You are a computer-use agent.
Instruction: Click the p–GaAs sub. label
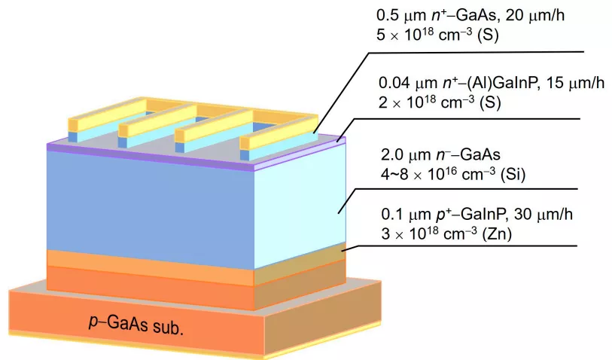(135, 325)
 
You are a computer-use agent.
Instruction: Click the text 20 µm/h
(534, 16)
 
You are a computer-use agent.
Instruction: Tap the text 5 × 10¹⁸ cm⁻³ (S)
(437, 35)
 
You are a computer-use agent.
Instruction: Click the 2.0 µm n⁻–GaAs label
(440, 154)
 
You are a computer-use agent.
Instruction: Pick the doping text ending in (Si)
(453, 174)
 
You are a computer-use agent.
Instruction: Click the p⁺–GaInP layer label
(444, 215)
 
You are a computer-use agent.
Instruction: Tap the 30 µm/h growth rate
(543, 215)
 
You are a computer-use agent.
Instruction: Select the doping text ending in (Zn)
(446, 233)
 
